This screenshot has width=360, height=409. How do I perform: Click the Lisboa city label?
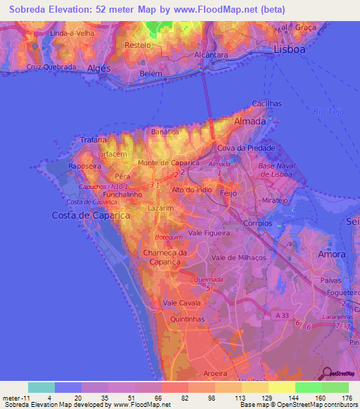pyautogui.click(x=290, y=51)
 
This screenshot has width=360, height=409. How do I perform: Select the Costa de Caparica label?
pyautogui.click(x=91, y=215)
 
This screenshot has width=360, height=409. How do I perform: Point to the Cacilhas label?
pyautogui.click(x=266, y=104)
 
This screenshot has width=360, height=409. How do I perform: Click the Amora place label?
pyautogui.click(x=332, y=254)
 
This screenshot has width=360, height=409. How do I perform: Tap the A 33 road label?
pyautogui.click(x=283, y=317)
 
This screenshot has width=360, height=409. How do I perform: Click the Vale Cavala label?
pyautogui.click(x=180, y=302)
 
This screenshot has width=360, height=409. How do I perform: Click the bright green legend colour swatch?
pyautogui.click(x=308, y=387)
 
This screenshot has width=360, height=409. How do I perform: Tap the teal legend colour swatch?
pyautogui.click(x=41, y=387)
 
